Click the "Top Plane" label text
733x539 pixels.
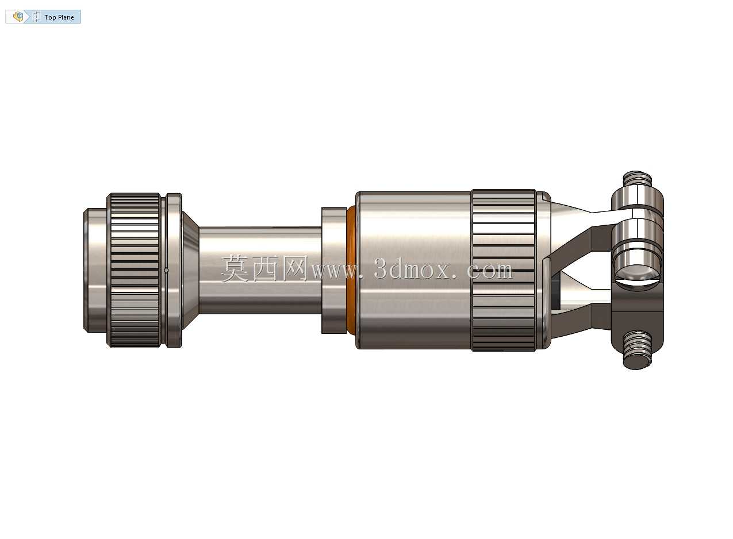point(59,17)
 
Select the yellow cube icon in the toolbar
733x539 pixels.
point(18,17)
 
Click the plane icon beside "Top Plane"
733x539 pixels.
point(37,17)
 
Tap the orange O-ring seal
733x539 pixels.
point(351,270)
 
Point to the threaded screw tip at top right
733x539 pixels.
point(637,179)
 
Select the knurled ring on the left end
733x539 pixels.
point(134,270)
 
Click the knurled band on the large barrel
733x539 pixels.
point(504,270)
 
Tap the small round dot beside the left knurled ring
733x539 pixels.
point(166,271)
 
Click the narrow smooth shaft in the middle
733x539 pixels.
point(260,270)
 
